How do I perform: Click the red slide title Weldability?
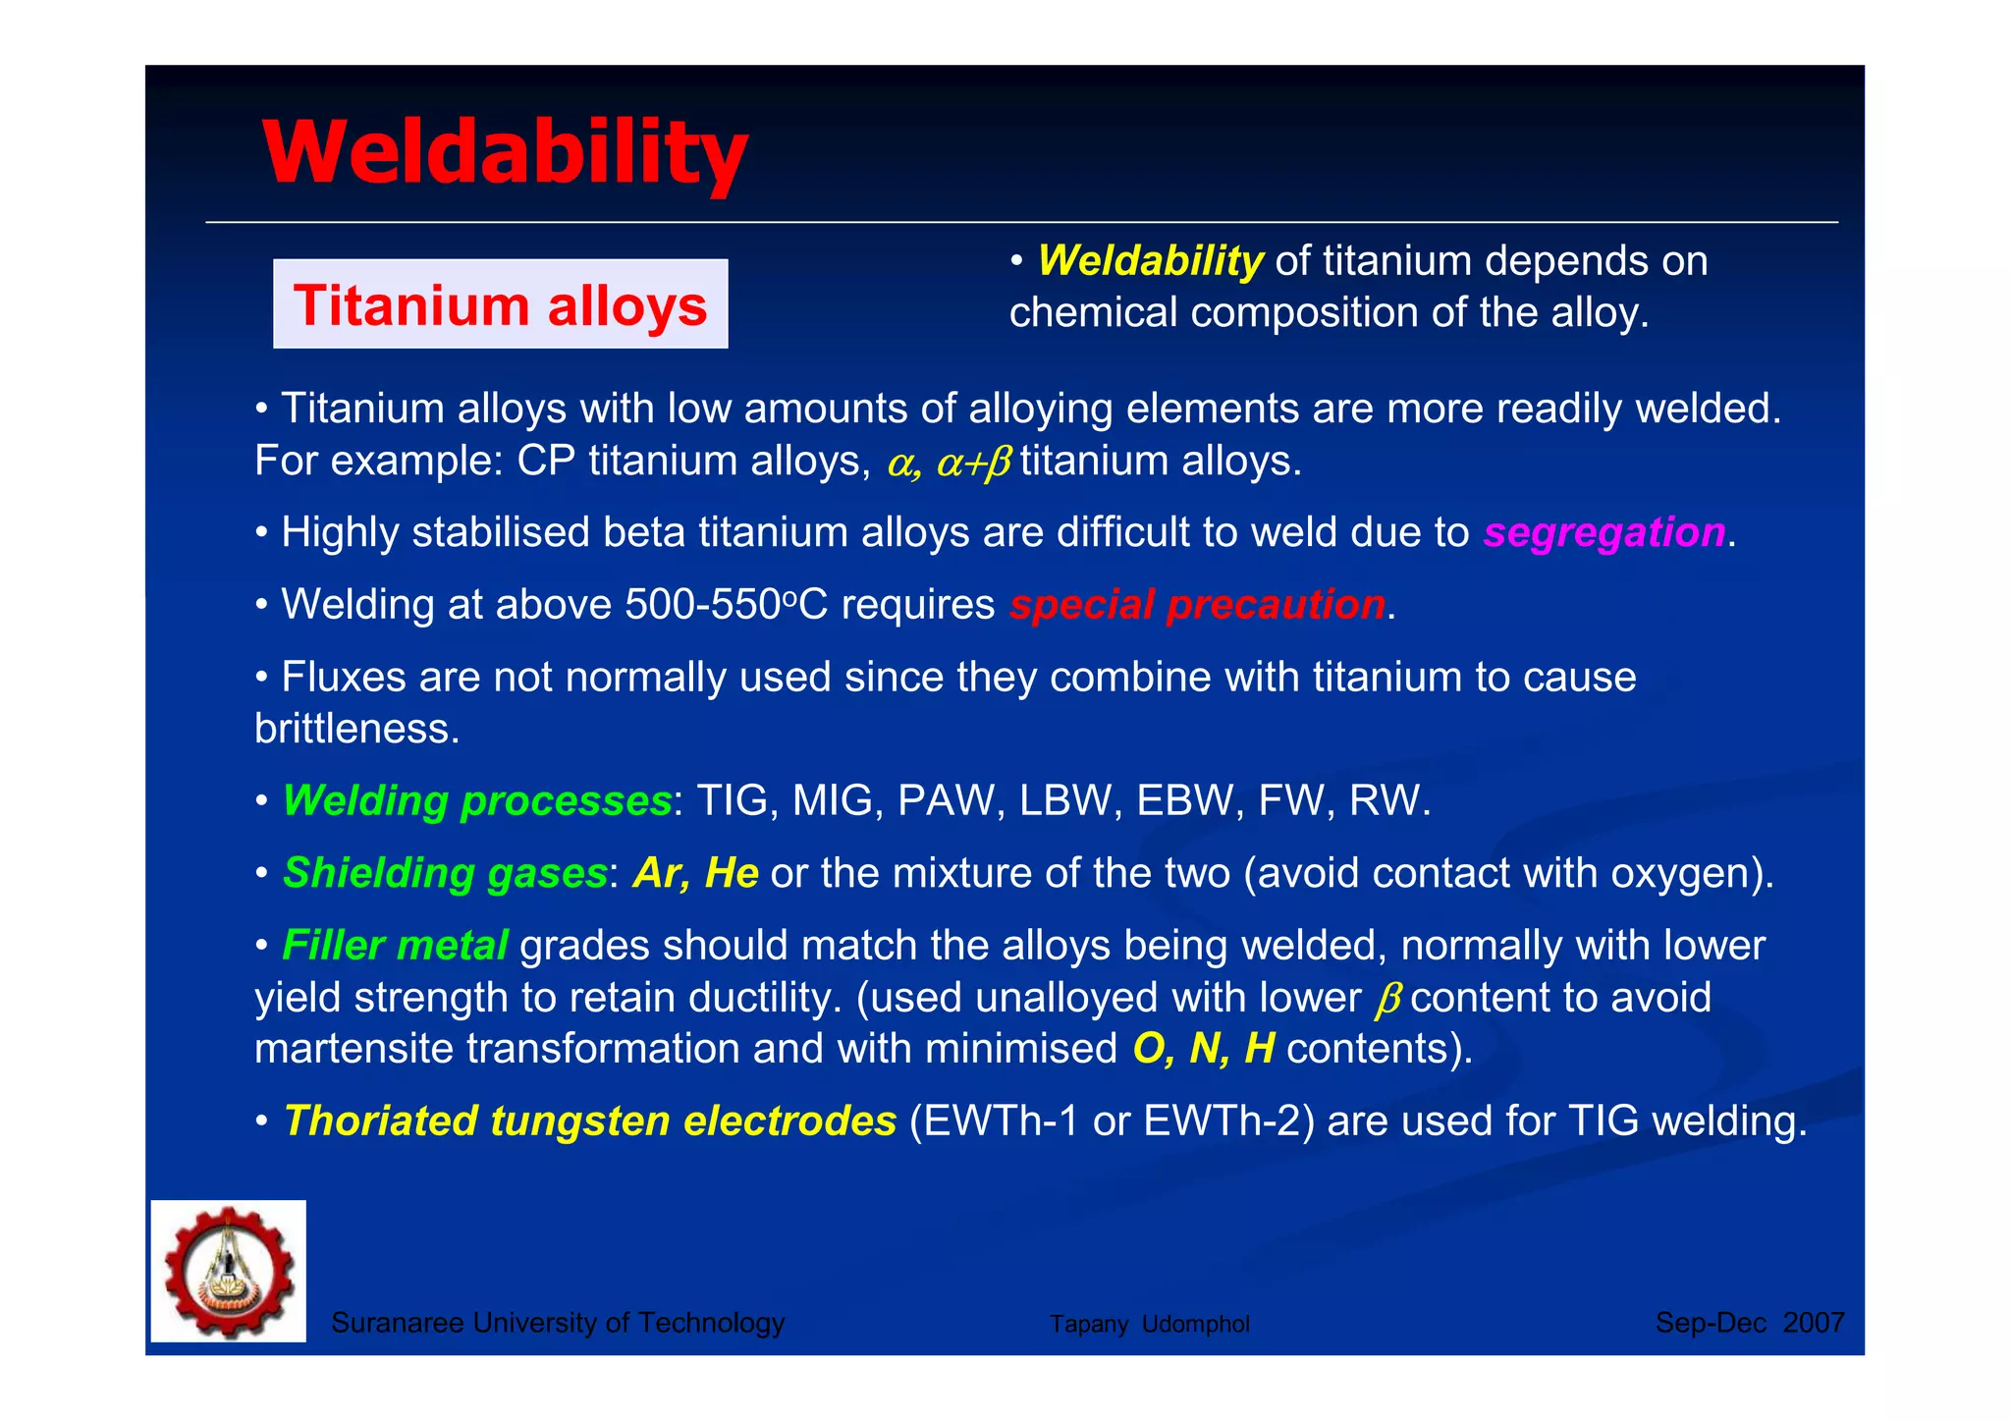point(505,152)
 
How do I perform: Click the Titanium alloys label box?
point(500,304)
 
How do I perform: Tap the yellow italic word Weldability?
point(1150,261)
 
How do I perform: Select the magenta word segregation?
point(1603,532)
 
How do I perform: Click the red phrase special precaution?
point(1197,605)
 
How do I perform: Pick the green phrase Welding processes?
point(476,800)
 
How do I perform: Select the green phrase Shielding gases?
point(445,873)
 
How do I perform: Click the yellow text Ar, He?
point(695,873)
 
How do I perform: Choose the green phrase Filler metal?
point(395,946)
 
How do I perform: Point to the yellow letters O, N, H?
point(1203,1049)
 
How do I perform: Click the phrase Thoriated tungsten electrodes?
point(589,1120)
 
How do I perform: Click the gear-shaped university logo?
point(229,1271)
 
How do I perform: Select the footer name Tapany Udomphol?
point(1149,1324)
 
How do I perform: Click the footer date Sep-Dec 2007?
point(1749,1323)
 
